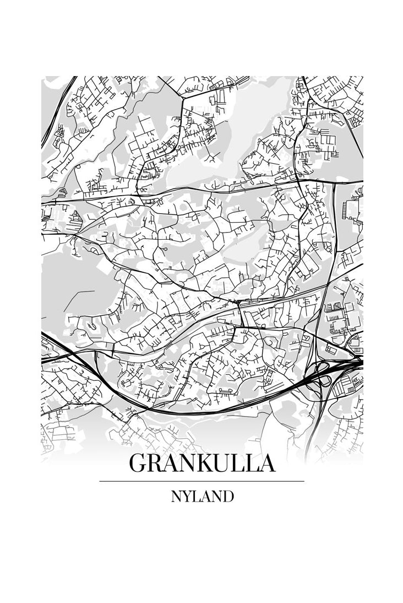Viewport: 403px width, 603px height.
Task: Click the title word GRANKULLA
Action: [x=201, y=464]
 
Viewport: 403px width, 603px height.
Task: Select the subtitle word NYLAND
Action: [x=201, y=496]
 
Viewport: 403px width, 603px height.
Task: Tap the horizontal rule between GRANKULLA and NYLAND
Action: [x=201, y=481]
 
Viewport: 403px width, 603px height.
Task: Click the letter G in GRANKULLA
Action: [x=138, y=464]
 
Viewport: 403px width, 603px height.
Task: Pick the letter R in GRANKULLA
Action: [x=155, y=464]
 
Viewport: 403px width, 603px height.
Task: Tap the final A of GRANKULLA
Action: [x=266, y=464]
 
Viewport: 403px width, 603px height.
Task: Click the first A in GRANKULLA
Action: [x=171, y=464]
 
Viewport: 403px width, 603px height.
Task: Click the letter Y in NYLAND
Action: [x=187, y=496]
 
